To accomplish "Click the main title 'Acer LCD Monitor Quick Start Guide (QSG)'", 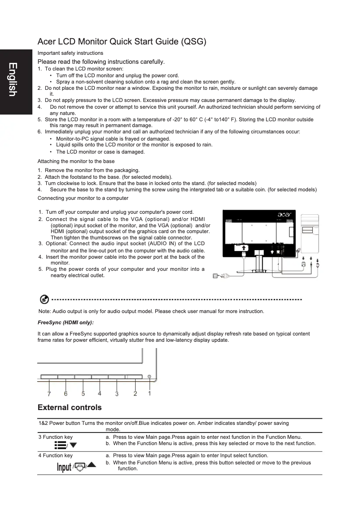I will click(x=122, y=42).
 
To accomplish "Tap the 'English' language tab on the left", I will click(x=13, y=79).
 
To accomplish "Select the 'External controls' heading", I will click(x=70, y=407).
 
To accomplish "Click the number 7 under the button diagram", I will click(x=48, y=394).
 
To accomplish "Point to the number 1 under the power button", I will click(x=149, y=393).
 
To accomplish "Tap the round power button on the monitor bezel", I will click(x=149, y=376).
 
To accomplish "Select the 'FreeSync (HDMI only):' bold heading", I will click(x=66, y=322).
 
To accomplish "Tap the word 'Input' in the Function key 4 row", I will click(x=64, y=468).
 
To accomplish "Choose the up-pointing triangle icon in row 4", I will click(x=92, y=465).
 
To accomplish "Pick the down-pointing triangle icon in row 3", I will click(x=73, y=445).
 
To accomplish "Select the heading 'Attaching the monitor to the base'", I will click(x=76, y=161).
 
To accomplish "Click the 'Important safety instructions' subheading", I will click(x=70, y=53).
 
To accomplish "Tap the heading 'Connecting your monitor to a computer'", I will click(x=83, y=198).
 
